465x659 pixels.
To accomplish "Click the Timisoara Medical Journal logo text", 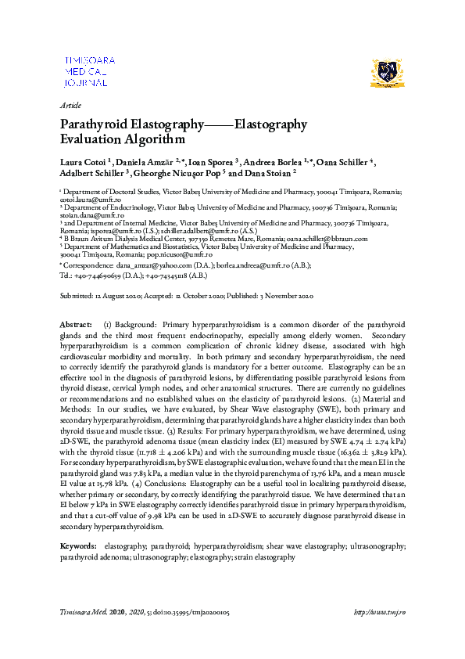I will point(88,70).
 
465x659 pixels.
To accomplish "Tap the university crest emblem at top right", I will point(389,73).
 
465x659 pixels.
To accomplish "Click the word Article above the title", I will point(70,105).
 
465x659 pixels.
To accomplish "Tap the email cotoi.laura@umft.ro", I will point(86,199).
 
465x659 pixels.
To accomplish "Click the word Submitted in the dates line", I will point(77,296).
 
